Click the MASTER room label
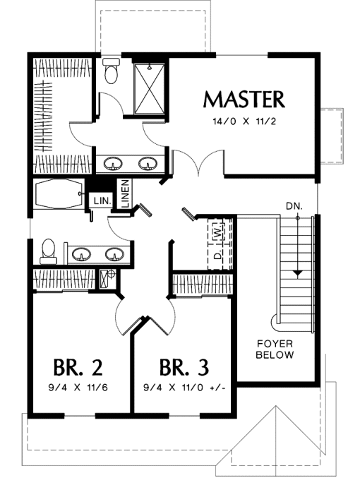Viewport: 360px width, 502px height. (244, 100)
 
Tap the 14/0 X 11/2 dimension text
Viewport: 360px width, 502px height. (244, 121)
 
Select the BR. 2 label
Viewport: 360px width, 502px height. (78, 367)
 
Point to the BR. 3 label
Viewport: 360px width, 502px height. (184, 367)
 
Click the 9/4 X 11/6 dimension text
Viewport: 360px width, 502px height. (78, 388)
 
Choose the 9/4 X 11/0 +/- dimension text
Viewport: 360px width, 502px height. (185, 388)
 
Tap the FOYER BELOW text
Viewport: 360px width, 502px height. (275, 349)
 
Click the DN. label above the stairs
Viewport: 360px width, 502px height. (294, 206)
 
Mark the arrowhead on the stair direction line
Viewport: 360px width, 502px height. (298, 273)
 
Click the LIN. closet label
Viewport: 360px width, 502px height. (102, 201)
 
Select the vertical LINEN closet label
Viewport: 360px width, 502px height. (125, 193)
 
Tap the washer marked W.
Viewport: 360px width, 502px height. (217, 232)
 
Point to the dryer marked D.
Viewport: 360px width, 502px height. (217, 255)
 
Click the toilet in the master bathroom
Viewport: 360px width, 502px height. (111, 71)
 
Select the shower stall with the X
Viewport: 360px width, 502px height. (150, 89)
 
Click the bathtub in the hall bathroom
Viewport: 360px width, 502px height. (59, 194)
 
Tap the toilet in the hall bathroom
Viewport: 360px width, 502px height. (49, 251)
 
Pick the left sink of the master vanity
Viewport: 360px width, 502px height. (113, 164)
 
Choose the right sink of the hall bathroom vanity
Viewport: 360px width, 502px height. (114, 254)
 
